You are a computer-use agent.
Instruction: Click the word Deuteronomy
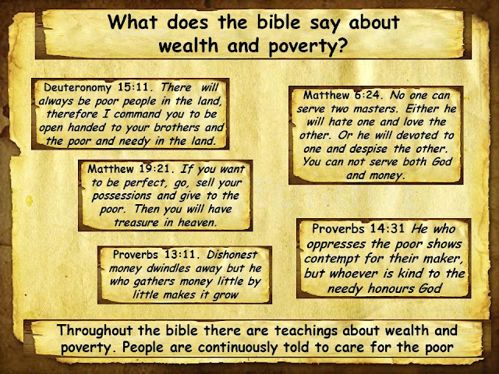tap(77, 88)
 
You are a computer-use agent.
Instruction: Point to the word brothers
tap(177, 128)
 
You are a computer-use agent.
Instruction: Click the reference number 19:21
tap(156, 169)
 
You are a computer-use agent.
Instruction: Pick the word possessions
tap(122, 196)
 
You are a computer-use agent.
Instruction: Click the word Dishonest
tap(232, 255)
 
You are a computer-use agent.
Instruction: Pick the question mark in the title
tap(342, 46)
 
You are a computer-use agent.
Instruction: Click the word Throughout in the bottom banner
tap(94, 331)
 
